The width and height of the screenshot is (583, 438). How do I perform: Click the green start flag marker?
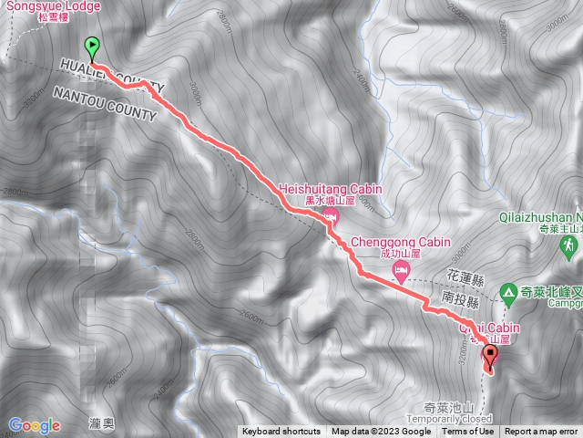click(x=92, y=47)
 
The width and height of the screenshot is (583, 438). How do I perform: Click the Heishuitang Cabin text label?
click(x=331, y=189)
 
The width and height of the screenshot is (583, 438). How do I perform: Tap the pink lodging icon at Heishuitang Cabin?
click(x=330, y=215)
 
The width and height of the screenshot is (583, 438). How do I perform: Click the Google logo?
click(x=34, y=424)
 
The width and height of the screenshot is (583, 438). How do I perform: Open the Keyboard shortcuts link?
click(x=281, y=432)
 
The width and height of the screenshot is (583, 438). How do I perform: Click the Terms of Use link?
click(x=468, y=432)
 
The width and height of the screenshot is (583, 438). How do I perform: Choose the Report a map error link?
click(x=543, y=432)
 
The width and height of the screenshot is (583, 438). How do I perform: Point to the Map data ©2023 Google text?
click(x=381, y=432)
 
